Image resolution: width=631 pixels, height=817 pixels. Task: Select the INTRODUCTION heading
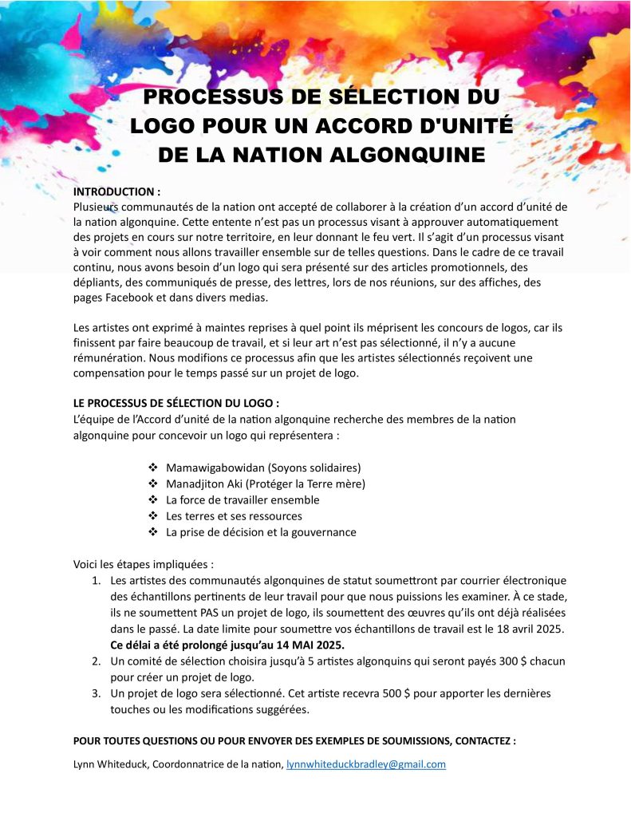[x=116, y=192]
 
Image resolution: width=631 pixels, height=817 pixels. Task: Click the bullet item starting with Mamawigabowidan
[x=263, y=467]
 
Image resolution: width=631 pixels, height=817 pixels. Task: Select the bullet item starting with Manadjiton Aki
[x=265, y=483]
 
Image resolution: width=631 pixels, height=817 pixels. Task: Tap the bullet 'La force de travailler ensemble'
[x=243, y=499]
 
